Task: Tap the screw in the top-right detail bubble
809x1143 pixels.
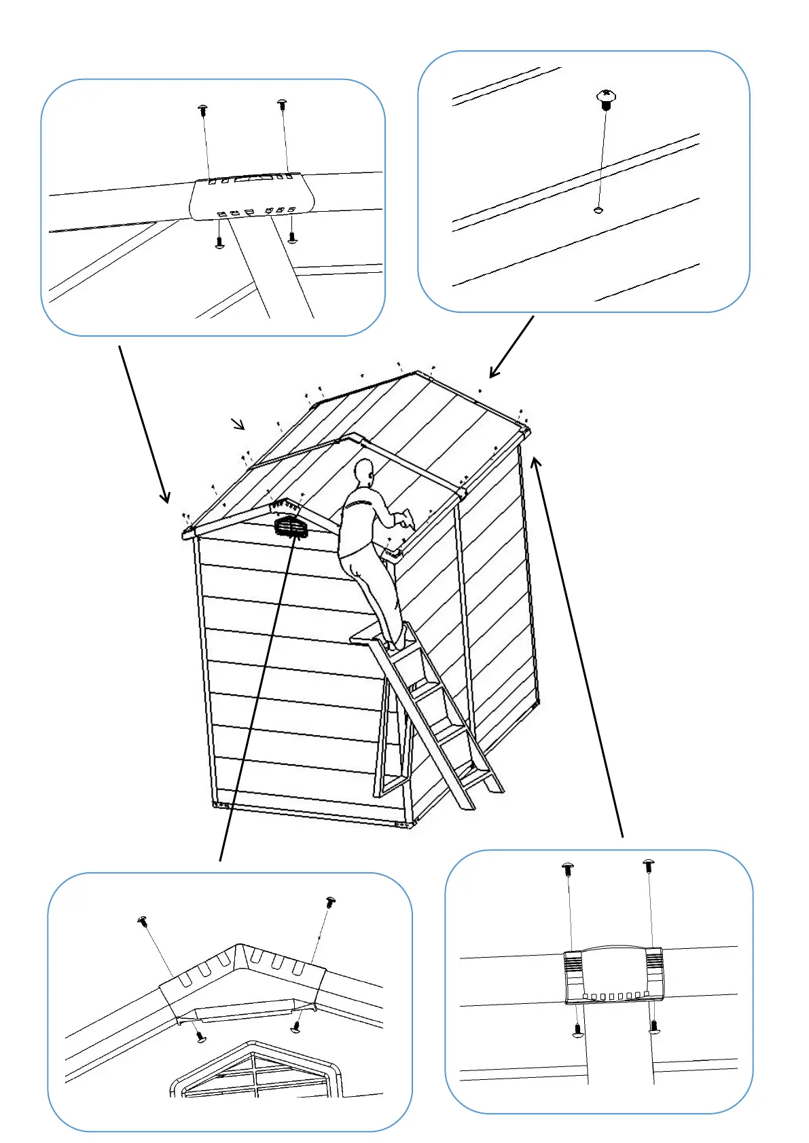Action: tap(606, 99)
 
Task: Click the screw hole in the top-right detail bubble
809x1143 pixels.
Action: tap(598, 210)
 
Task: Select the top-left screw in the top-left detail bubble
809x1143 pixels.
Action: tap(202, 109)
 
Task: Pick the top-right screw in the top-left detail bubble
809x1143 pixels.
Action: tap(283, 105)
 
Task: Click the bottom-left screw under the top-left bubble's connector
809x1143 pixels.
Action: tap(219, 242)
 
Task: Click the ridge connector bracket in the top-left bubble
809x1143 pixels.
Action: tap(250, 198)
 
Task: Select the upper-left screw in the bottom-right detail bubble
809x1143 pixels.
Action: tap(568, 869)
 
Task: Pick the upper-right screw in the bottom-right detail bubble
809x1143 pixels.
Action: tap(649, 866)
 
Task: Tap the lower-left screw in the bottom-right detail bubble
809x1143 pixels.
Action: tap(577, 1030)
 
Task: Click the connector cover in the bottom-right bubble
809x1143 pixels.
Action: tap(613, 975)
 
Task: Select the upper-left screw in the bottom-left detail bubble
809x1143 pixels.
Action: tap(143, 921)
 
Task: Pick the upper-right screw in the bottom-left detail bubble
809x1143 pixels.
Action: tap(331, 902)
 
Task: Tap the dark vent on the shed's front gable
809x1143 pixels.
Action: tap(289, 527)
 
